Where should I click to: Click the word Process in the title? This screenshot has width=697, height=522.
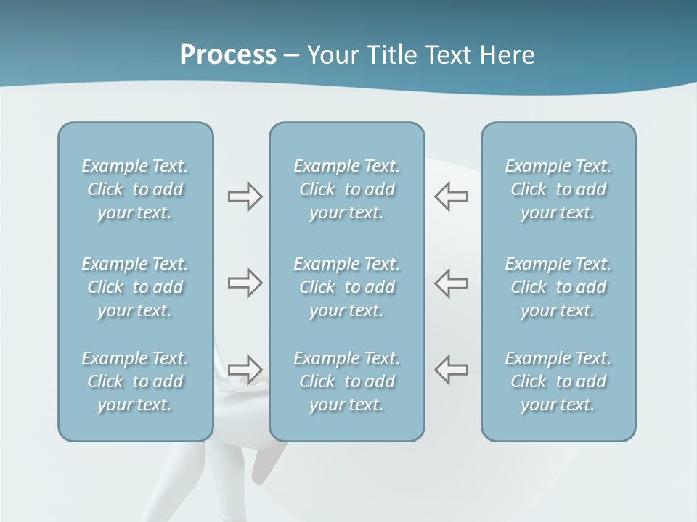228,55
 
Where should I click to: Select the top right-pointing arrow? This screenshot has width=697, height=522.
245,196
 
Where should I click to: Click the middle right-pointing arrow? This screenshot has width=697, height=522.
245,283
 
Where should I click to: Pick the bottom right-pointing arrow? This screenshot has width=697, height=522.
245,369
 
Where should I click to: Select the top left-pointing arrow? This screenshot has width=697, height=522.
451,196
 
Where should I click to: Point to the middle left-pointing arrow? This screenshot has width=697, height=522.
451,283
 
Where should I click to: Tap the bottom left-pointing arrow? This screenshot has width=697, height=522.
451,369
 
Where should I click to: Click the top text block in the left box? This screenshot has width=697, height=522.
135,189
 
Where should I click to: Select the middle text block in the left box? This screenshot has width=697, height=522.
135,287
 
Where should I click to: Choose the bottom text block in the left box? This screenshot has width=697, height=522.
135,381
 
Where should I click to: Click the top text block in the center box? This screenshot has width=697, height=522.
347,189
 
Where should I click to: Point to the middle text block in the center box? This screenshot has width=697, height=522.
347,287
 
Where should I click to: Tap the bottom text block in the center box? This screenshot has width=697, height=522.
347,381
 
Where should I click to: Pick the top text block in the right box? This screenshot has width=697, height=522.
558,189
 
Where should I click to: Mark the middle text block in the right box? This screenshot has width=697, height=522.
558,287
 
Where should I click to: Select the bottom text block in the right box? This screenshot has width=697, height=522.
558,381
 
